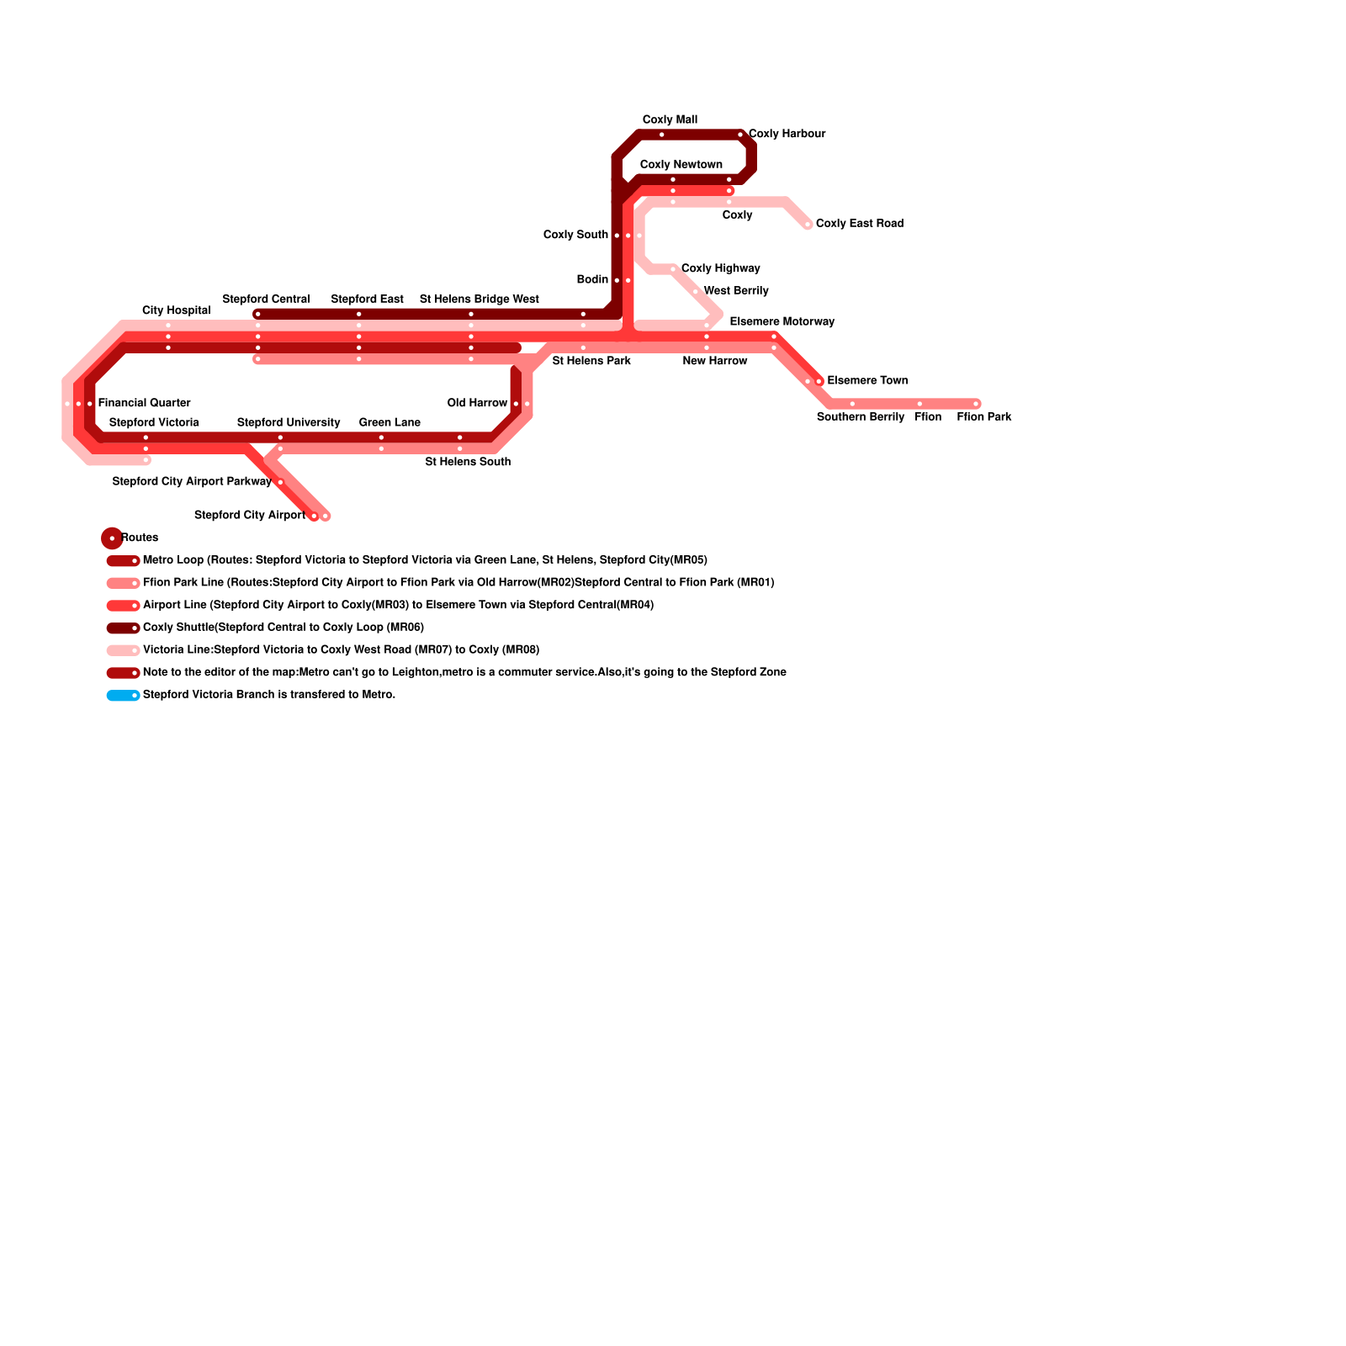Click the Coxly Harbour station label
coord(787,134)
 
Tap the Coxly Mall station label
coord(670,120)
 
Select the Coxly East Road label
coord(859,224)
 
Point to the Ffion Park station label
coord(983,417)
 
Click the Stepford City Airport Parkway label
coord(192,482)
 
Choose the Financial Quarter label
coord(144,403)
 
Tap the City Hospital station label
coord(176,311)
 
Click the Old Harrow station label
coord(477,403)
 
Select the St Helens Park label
coord(591,361)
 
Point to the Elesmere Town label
coord(867,381)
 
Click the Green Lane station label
coord(389,422)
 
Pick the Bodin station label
coord(592,279)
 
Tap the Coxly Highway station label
coord(720,268)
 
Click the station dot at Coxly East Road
coord(808,225)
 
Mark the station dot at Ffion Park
coord(976,405)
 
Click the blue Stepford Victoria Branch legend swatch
coord(123,696)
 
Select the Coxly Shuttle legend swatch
coord(123,628)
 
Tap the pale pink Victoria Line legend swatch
coord(123,650)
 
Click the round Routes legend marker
coord(112,538)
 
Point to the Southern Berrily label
coord(860,417)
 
